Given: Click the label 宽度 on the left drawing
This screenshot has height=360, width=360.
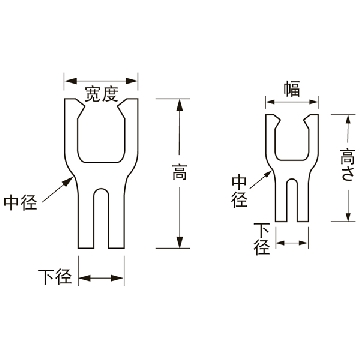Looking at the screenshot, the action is pyautogui.click(x=101, y=94).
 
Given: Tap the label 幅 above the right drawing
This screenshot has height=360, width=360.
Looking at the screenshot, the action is pyautogui.click(x=292, y=89).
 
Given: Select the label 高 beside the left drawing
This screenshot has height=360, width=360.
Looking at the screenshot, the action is pyautogui.click(x=179, y=172).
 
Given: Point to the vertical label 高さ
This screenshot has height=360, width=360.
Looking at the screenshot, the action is pyautogui.click(x=347, y=165).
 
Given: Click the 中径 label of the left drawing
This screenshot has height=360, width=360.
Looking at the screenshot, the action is pyautogui.click(x=20, y=203).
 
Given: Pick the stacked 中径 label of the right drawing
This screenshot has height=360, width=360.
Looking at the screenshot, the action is pyautogui.click(x=240, y=191).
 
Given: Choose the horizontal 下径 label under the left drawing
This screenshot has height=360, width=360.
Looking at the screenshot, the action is pyautogui.click(x=55, y=277).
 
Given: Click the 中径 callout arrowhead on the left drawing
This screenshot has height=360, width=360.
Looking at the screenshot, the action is pyautogui.click(x=69, y=182).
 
